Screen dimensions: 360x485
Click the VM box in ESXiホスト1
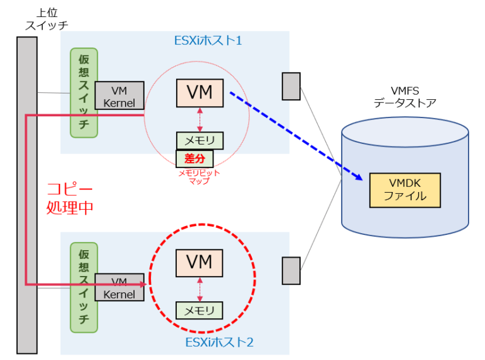[x=200, y=93]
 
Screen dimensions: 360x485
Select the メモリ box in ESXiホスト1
[x=200, y=140]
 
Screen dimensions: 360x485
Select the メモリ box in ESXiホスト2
[x=200, y=310]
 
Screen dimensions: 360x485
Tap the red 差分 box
[x=195, y=158]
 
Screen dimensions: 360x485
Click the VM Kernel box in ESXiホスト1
[x=119, y=95]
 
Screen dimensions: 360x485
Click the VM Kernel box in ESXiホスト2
[x=119, y=287]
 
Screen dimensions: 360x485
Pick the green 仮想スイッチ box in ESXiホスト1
[x=84, y=93]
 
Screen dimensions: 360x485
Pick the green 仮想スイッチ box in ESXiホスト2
[x=84, y=287]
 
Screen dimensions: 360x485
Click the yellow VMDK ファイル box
[x=405, y=189]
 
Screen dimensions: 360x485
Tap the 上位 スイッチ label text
[x=45, y=19]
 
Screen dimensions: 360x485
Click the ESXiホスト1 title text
[x=208, y=40]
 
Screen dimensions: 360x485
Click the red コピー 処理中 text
[x=70, y=198]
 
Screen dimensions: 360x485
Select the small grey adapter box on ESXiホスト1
[x=290, y=87]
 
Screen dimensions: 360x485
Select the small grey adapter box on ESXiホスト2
[x=290, y=271]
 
